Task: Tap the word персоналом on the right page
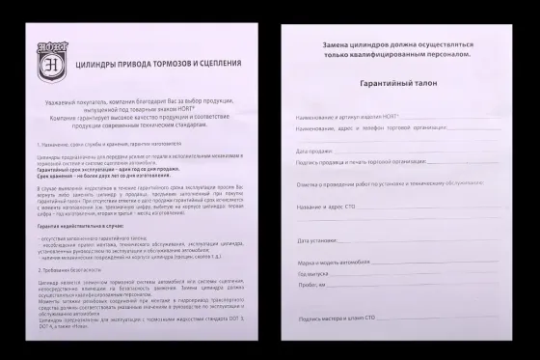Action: pos(450,55)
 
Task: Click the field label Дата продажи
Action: pos(316,151)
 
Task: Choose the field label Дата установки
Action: pos(318,240)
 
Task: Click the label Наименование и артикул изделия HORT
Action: pos(347,115)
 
